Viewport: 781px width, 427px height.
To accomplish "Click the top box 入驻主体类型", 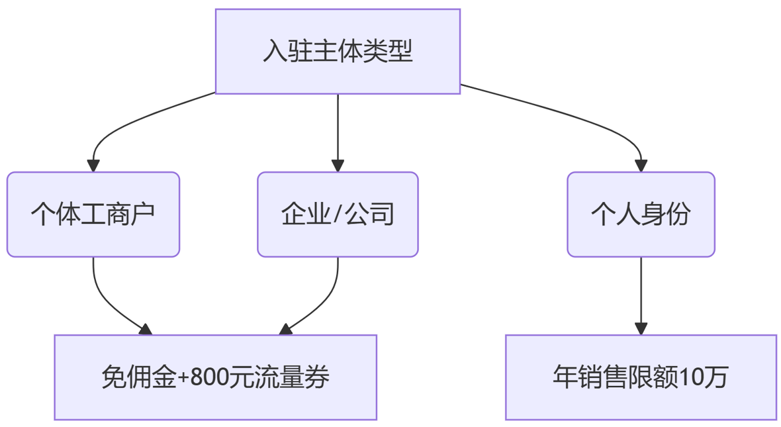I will point(338,51).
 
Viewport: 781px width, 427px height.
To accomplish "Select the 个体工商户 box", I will point(93,214).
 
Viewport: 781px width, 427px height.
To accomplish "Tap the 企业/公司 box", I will point(338,214).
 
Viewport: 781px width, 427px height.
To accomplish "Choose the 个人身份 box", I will point(641,214).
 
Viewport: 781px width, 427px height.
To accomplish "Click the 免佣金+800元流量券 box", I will point(215,377).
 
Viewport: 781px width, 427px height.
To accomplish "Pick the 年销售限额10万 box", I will point(641,377).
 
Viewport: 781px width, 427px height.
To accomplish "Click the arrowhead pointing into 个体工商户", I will point(93,166).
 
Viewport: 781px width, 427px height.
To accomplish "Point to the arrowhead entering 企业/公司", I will point(338,166).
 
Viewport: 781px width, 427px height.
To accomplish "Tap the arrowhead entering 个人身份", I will point(641,166).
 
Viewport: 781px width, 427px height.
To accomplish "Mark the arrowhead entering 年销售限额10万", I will point(641,328).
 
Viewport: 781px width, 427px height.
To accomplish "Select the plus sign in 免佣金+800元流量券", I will point(183,378).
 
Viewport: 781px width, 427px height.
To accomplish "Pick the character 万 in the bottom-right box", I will point(717,377).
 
